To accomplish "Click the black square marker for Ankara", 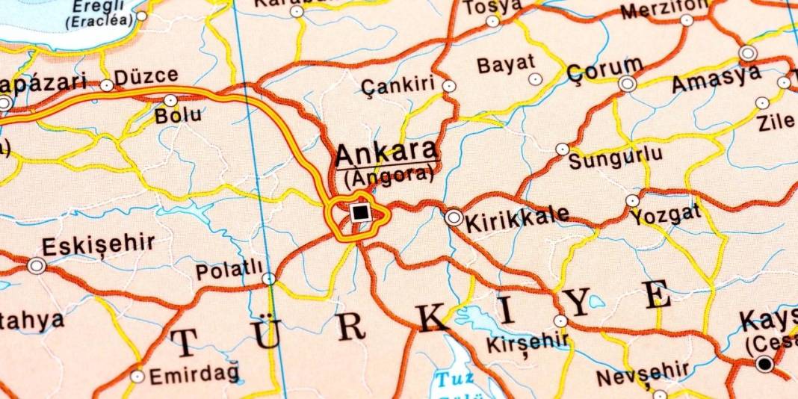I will (360, 214).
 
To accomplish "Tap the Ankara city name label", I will (386, 153).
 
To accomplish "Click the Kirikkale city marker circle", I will (454, 217).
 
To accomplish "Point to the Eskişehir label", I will (99, 245).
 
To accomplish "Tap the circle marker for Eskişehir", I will (36, 265).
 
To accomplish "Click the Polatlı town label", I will (229, 270).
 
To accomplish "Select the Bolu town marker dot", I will (170, 100).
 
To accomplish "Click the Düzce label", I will (146, 75).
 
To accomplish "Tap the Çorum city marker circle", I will (628, 84).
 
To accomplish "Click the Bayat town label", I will (507, 64).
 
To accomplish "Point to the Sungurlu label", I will (616, 157).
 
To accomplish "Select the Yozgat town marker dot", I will (633, 200).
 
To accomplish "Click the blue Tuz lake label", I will (456, 379).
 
